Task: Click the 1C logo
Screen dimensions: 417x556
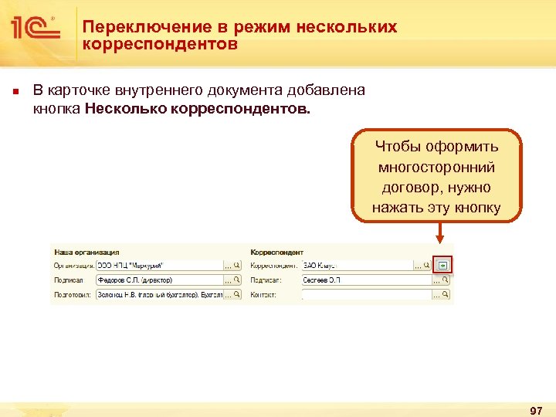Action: tap(35, 30)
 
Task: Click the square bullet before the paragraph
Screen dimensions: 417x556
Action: tap(15, 92)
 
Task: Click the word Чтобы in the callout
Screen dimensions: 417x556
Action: tap(394, 147)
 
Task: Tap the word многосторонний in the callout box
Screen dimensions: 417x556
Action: tap(436, 167)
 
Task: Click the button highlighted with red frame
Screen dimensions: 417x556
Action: tap(442, 265)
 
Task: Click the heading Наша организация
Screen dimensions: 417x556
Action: tap(86, 252)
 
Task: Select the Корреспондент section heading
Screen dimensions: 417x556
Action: tap(277, 252)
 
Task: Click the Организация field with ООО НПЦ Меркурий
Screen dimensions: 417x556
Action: tap(158, 266)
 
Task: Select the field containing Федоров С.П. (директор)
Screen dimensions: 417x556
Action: tap(158, 280)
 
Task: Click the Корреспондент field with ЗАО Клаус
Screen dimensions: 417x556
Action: tap(356, 266)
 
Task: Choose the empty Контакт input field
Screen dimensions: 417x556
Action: tap(364, 295)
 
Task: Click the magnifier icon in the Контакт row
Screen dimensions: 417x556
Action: tap(446, 295)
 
